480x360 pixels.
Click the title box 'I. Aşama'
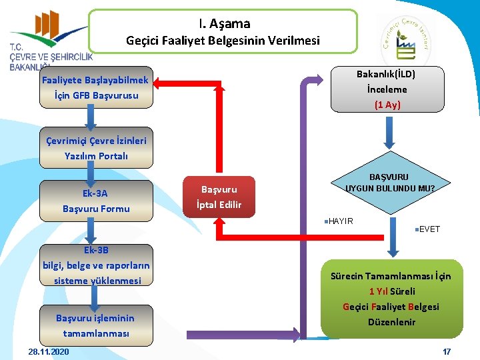pos(223,31)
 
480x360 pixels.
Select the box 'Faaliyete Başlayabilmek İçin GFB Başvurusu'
pos(95,88)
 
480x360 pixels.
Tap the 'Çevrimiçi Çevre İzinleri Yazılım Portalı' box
pos(96,148)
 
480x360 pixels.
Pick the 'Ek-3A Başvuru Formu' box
pos(96,201)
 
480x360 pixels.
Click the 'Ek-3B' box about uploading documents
pos(96,265)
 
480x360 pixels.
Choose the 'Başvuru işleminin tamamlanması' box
pos(96,325)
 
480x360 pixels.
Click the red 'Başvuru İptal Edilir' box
pos(219,197)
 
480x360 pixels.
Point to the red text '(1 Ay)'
pos(387,104)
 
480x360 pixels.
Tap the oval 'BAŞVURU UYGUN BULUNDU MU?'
pos(389,183)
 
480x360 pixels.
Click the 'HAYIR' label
pos(341,221)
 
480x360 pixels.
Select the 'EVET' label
pos(429,229)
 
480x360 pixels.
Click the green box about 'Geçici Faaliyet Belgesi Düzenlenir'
pos(391,299)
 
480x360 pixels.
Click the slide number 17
pos(447,351)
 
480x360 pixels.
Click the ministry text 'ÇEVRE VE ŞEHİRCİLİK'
pos(51,57)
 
